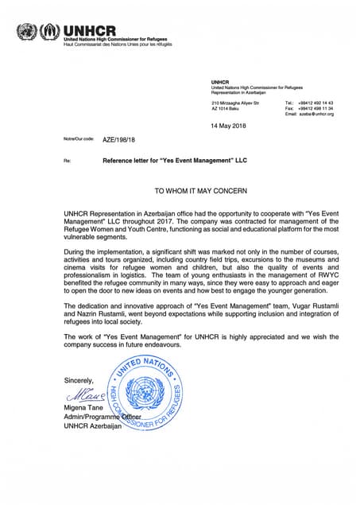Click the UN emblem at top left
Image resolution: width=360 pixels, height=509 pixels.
(x=26, y=33)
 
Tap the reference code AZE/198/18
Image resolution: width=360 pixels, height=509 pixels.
(x=119, y=140)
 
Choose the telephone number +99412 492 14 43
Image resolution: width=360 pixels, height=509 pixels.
(x=315, y=103)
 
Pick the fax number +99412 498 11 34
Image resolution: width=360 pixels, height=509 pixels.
(x=315, y=109)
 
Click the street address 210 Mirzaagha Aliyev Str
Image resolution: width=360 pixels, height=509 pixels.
(x=235, y=103)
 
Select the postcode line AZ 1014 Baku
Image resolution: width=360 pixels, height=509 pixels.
(x=226, y=109)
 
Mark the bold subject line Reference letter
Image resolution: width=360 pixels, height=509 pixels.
(x=175, y=160)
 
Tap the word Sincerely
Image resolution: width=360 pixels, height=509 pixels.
(x=79, y=380)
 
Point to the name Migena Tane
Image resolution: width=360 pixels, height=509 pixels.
(x=83, y=407)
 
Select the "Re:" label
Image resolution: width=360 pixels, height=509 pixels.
(x=67, y=161)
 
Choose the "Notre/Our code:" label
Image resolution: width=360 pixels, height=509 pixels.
(x=79, y=140)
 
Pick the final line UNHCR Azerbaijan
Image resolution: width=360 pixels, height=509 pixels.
(x=93, y=426)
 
